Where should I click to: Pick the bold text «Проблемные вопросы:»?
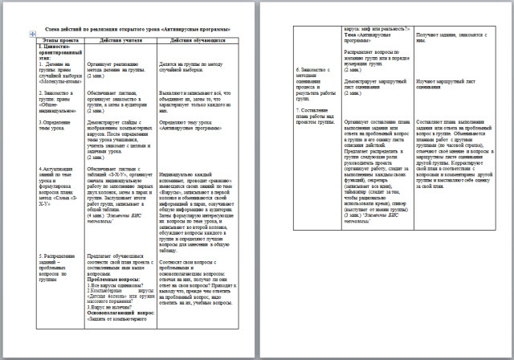click(x=116, y=277)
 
